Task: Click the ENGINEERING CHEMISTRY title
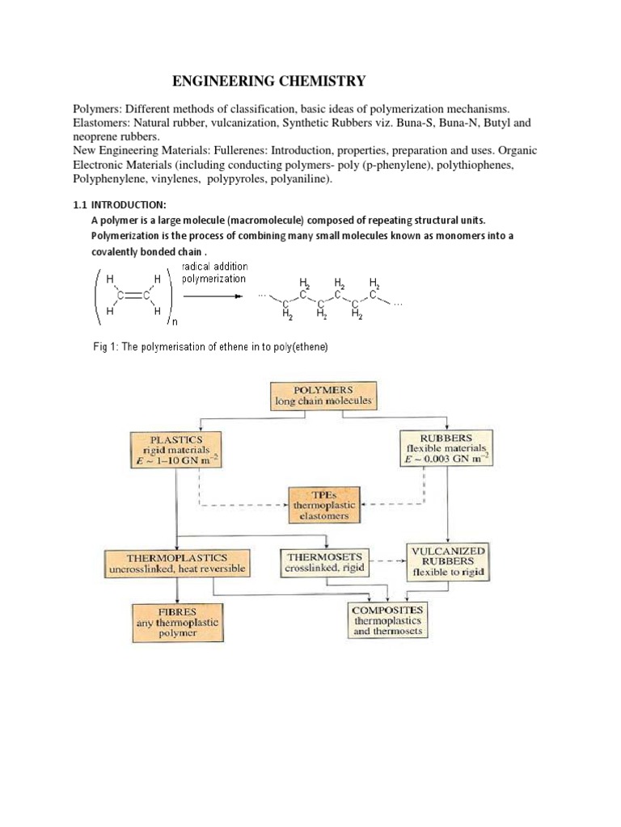(x=270, y=81)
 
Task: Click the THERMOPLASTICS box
(x=177, y=563)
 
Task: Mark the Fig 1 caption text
(x=210, y=347)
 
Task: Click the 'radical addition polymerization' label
(x=214, y=273)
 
